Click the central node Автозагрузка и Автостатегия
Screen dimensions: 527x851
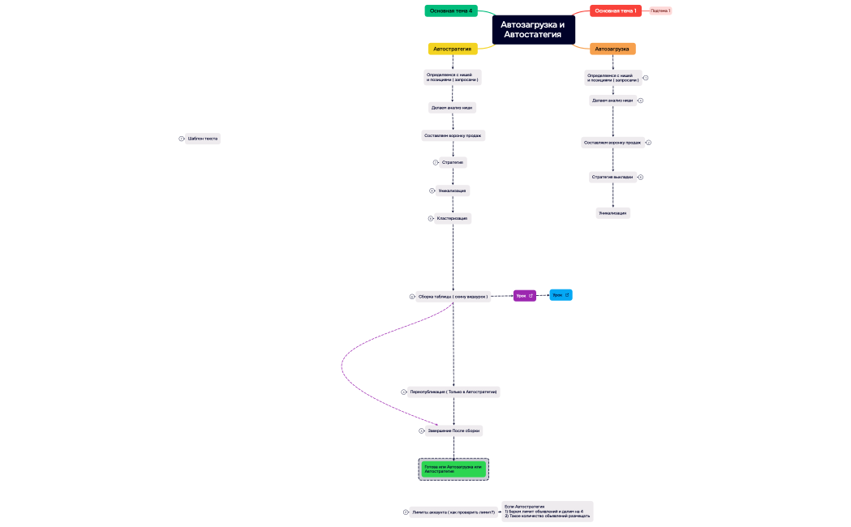click(533, 29)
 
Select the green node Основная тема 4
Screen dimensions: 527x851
click(451, 11)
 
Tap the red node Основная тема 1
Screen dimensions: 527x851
click(615, 11)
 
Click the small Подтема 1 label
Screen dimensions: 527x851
click(660, 11)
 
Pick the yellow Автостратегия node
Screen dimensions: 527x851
click(453, 49)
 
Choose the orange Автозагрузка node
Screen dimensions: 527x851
click(612, 49)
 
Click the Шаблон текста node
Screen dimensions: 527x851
click(203, 139)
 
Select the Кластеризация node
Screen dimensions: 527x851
click(453, 218)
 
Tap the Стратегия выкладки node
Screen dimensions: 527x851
click(612, 177)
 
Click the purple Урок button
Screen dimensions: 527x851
click(524, 296)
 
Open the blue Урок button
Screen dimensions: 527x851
click(561, 295)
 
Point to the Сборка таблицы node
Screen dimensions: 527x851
click(453, 297)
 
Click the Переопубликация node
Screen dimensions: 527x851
click(453, 392)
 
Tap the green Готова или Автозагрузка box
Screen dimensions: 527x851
click(453, 469)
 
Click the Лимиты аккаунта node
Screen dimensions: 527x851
click(453, 512)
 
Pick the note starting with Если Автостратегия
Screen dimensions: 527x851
click(548, 511)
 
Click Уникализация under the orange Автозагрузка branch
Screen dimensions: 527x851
click(612, 213)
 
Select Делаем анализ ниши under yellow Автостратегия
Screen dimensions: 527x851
click(452, 107)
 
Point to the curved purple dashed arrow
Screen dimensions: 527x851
click(343, 369)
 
